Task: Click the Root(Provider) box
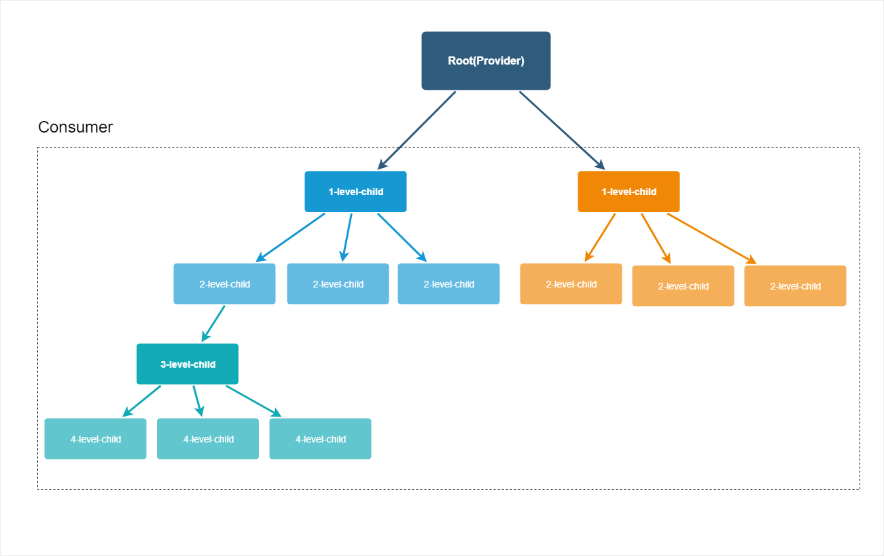[x=486, y=60]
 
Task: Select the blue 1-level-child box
[x=355, y=192]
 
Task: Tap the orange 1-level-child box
[x=629, y=192]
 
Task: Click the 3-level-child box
[x=188, y=364]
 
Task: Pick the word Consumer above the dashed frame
[x=75, y=127]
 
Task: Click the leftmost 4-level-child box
[x=96, y=438]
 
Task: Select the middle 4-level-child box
[x=208, y=438]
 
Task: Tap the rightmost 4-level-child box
[x=320, y=438]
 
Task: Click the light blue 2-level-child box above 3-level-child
[x=224, y=283]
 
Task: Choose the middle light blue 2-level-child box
[x=338, y=283]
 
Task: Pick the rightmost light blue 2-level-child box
[x=448, y=283]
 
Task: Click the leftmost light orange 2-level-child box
[x=571, y=283]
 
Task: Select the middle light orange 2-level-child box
[x=683, y=285]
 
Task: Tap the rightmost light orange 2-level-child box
[x=795, y=285]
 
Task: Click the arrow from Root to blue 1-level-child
[x=417, y=131]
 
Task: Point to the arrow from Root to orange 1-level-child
[x=562, y=131]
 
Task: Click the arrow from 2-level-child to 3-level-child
[x=213, y=324]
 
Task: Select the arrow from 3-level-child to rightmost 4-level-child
[x=253, y=401]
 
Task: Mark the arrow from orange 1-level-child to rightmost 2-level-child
[x=712, y=239]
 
